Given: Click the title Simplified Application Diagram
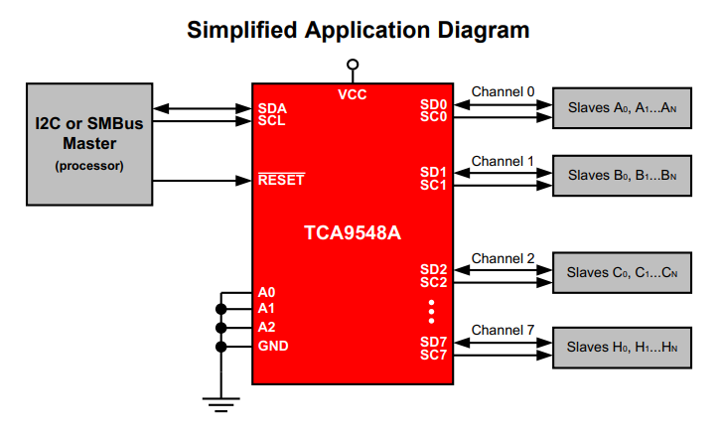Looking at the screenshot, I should (359, 31).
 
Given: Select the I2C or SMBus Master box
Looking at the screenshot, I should (88, 145).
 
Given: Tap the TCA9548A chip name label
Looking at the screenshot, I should (352, 234).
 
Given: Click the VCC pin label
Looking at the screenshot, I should (352, 94).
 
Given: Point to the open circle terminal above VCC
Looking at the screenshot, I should (352, 65).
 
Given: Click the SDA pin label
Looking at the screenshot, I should (272, 107).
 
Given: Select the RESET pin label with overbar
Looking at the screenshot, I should (281, 181).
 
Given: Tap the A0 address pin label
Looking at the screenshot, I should (266, 293).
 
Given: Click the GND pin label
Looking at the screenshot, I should (272, 346).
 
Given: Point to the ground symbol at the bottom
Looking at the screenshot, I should (219, 402).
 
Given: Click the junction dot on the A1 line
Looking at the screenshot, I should (219, 310).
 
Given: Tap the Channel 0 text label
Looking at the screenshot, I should (503, 91).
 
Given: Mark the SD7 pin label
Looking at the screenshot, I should (434, 342).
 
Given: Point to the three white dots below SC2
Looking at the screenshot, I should (431, 311).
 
